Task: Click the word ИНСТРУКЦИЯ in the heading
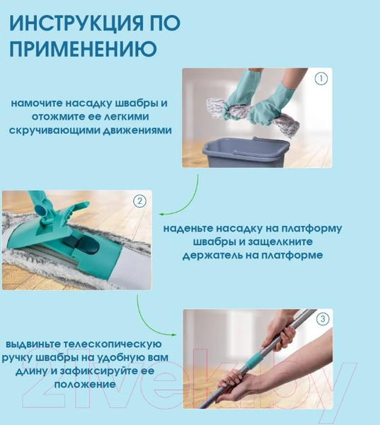(76, 23)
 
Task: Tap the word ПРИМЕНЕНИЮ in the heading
(84, 48)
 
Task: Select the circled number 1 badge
(321, 79)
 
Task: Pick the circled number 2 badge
(139, 201)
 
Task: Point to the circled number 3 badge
(323, 319)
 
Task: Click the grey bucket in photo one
(243, 152)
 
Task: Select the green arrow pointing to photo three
(149, 321)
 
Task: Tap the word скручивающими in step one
(54, 130)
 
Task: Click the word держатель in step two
(212, 255)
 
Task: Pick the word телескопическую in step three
(113, 344)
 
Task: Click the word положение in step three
(85, 385)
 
